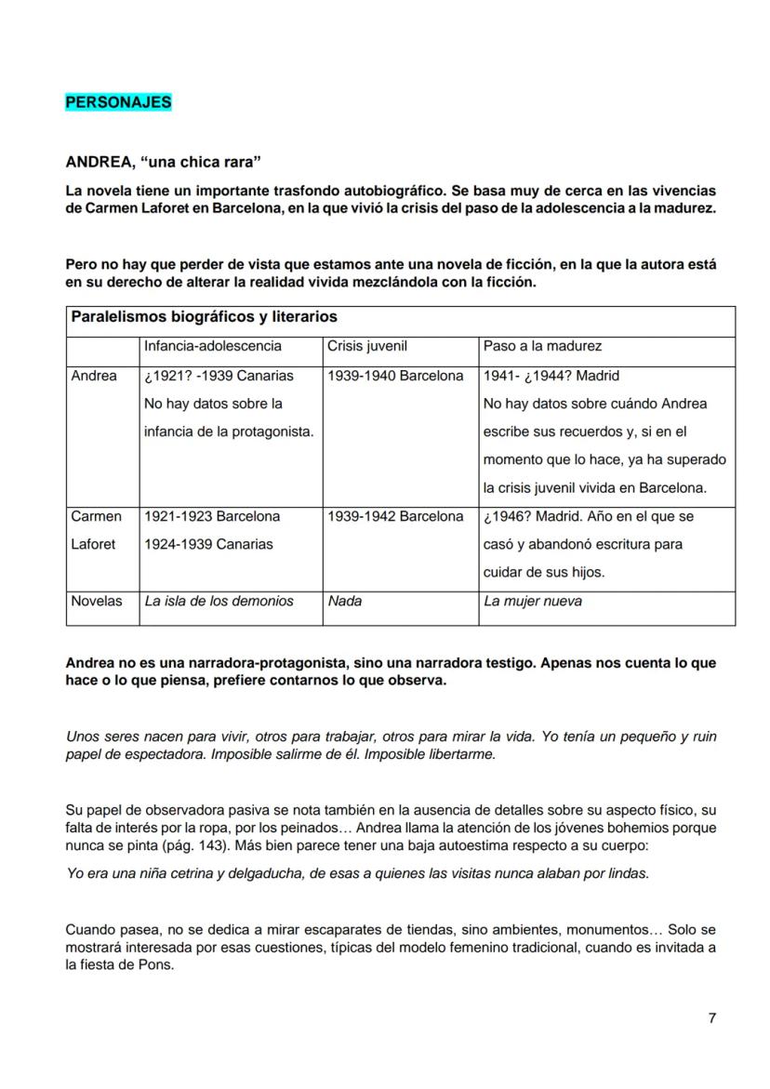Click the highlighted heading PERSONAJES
point(118,102)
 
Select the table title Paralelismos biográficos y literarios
point(204,317)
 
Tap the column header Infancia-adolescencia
point(212,346)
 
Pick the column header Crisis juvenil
point(367,346)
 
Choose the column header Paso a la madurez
point(542,346)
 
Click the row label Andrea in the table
point(94,376)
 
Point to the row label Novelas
point(97,601)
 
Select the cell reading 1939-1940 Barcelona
point(395,376)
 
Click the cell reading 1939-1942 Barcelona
point(395,516)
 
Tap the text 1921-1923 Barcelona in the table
point(212,516)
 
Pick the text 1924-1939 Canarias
point(208,544)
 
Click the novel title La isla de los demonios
point(219,601)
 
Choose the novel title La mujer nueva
point(533,601)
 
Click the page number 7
point(711,1017)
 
